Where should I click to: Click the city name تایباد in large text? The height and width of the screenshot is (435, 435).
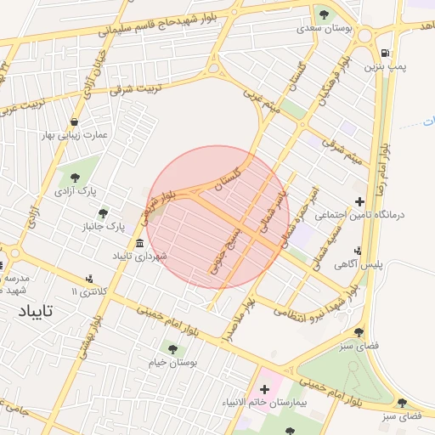click(x=35, y=311)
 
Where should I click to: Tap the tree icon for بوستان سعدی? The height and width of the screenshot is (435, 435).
click(x=323, y=14)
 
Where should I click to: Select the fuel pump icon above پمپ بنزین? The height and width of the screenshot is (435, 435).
click(x=387, y=51)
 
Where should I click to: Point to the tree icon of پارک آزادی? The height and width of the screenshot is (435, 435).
click(x=76, y=177)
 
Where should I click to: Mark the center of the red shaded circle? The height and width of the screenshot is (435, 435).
click(x=217, y=217)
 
